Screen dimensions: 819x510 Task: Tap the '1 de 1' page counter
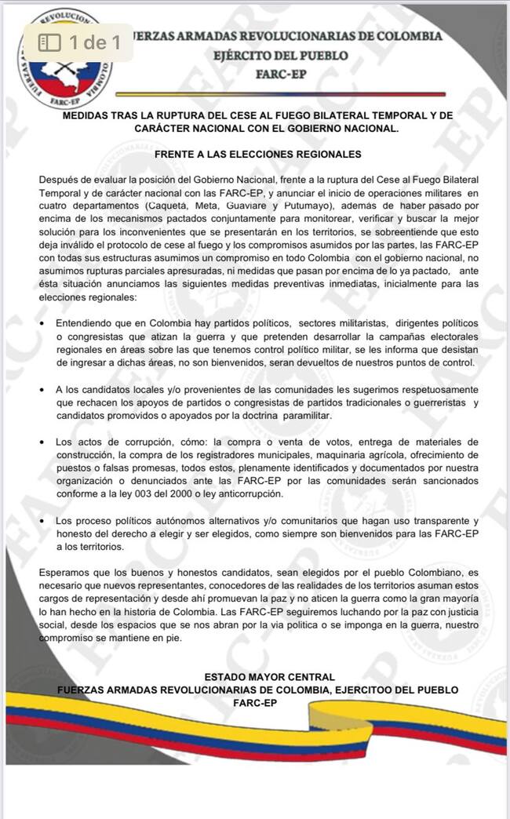coord(94,42)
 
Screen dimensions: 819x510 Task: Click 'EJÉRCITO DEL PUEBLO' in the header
coord(280,56)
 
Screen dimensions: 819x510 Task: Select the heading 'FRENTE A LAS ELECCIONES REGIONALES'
coord(257,155)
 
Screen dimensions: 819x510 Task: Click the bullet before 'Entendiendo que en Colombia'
coord(42,323)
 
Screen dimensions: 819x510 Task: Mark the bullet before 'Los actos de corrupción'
coord(42,442)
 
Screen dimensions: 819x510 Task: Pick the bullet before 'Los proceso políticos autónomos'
coord(42,521)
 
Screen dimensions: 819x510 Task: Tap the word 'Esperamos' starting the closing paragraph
coord(64,574)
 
